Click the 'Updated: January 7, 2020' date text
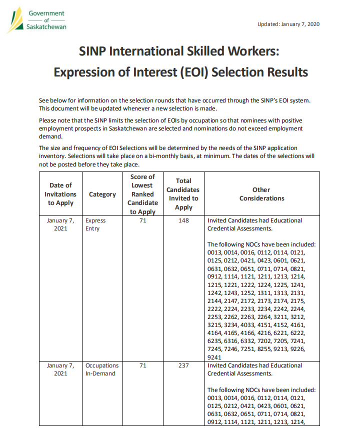point(288,24)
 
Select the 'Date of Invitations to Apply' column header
point(60,194)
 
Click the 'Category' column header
point(102,194)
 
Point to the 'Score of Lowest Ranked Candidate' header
point(142,194)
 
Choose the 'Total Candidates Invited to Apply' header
point(183,194)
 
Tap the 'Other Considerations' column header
point(261,194)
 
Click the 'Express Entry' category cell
point(95,224)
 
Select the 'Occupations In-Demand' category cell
point(101,369)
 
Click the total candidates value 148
point(183,220)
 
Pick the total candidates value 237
point(183,365)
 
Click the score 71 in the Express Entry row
point(142,220)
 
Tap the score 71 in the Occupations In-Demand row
point(142,365)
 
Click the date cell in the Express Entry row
point(60,224)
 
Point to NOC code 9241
point(214,357)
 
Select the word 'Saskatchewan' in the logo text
point(46,26)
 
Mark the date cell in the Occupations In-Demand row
point(60,369)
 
